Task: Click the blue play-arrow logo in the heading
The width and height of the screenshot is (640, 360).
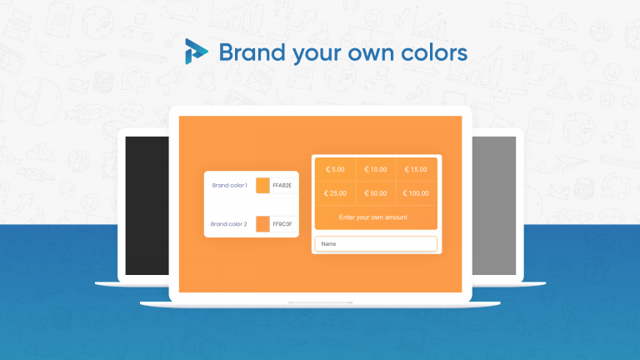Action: tap(196, 52)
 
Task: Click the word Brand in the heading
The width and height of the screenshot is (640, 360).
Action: tap(252, 52)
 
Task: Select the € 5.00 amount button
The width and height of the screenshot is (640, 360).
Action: tap(335, 169)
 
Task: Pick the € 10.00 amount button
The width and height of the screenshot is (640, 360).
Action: tap(376, 169)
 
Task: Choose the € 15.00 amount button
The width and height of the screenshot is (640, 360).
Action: tap(416, 169)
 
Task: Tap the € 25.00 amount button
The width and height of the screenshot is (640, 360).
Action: tap(335, 193)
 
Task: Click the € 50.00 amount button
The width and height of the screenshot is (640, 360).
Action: tap(376, 193)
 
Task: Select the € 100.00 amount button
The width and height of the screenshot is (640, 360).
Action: tap(416, 193)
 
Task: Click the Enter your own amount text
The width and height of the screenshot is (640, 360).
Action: tap(373, 217)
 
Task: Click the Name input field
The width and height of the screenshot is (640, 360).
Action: tap(376, 244)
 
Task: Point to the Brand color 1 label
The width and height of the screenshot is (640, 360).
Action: tap(230, 185)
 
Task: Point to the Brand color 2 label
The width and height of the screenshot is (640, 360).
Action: tap(229, 224)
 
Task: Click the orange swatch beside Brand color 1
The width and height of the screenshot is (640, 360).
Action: tap(262, 185)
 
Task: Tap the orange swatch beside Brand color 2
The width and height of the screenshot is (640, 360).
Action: tap(262, 224)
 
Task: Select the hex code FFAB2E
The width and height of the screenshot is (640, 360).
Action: tap(282, 185)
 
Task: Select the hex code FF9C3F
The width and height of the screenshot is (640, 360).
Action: tap(282, 224)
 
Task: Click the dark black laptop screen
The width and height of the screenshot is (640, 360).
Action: tap(147, 206)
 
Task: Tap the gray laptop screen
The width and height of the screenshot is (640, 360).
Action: tap(494, 206)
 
